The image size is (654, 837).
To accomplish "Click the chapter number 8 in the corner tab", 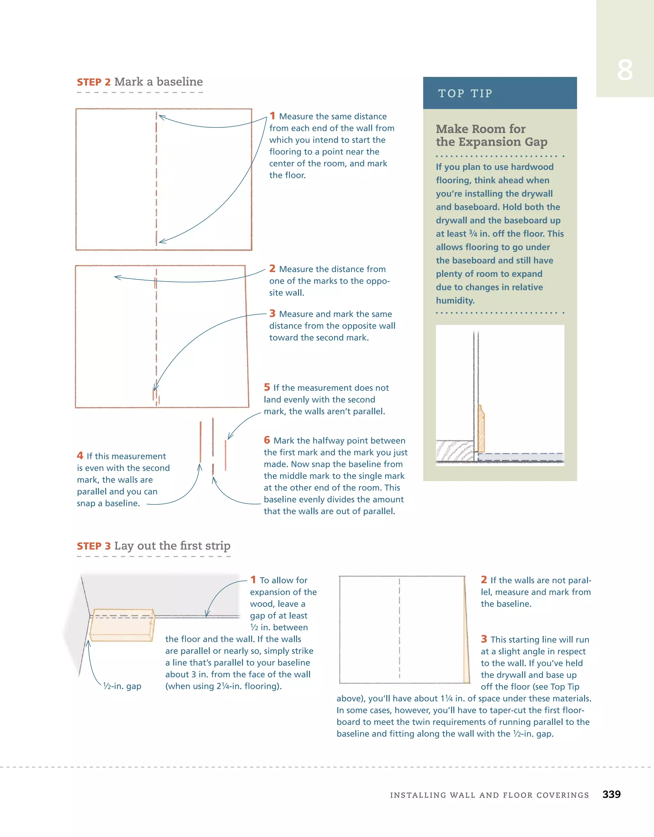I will [x=625, y=71].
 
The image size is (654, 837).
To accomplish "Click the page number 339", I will [x=611, y=794].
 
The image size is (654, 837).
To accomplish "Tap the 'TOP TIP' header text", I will [x=465, y=94].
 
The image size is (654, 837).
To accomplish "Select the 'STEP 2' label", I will [x=94, y=82].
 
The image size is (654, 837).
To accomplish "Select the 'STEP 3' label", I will [x=94, y=546].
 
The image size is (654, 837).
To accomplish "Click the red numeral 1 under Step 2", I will [x=272, y=116].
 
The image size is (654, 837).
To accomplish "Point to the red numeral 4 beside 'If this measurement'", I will [x=80, y=455].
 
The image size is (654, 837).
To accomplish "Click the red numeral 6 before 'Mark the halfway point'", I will [x=267, y=440].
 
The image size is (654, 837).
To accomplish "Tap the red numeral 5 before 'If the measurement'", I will [x=267, y=387].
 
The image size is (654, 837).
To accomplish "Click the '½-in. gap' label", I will [x=122, y=686].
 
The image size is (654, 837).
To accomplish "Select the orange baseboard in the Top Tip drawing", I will [x=481, y=429].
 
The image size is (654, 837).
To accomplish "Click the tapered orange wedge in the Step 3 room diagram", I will [x=466, y=651].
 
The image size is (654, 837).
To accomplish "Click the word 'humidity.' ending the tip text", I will [x=455, y=301].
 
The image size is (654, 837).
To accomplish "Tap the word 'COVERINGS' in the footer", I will [x=562, y=795].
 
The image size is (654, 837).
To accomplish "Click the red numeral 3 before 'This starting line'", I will [x=484, y=639].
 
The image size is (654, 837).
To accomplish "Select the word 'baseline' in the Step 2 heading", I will [x=180, y=82].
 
